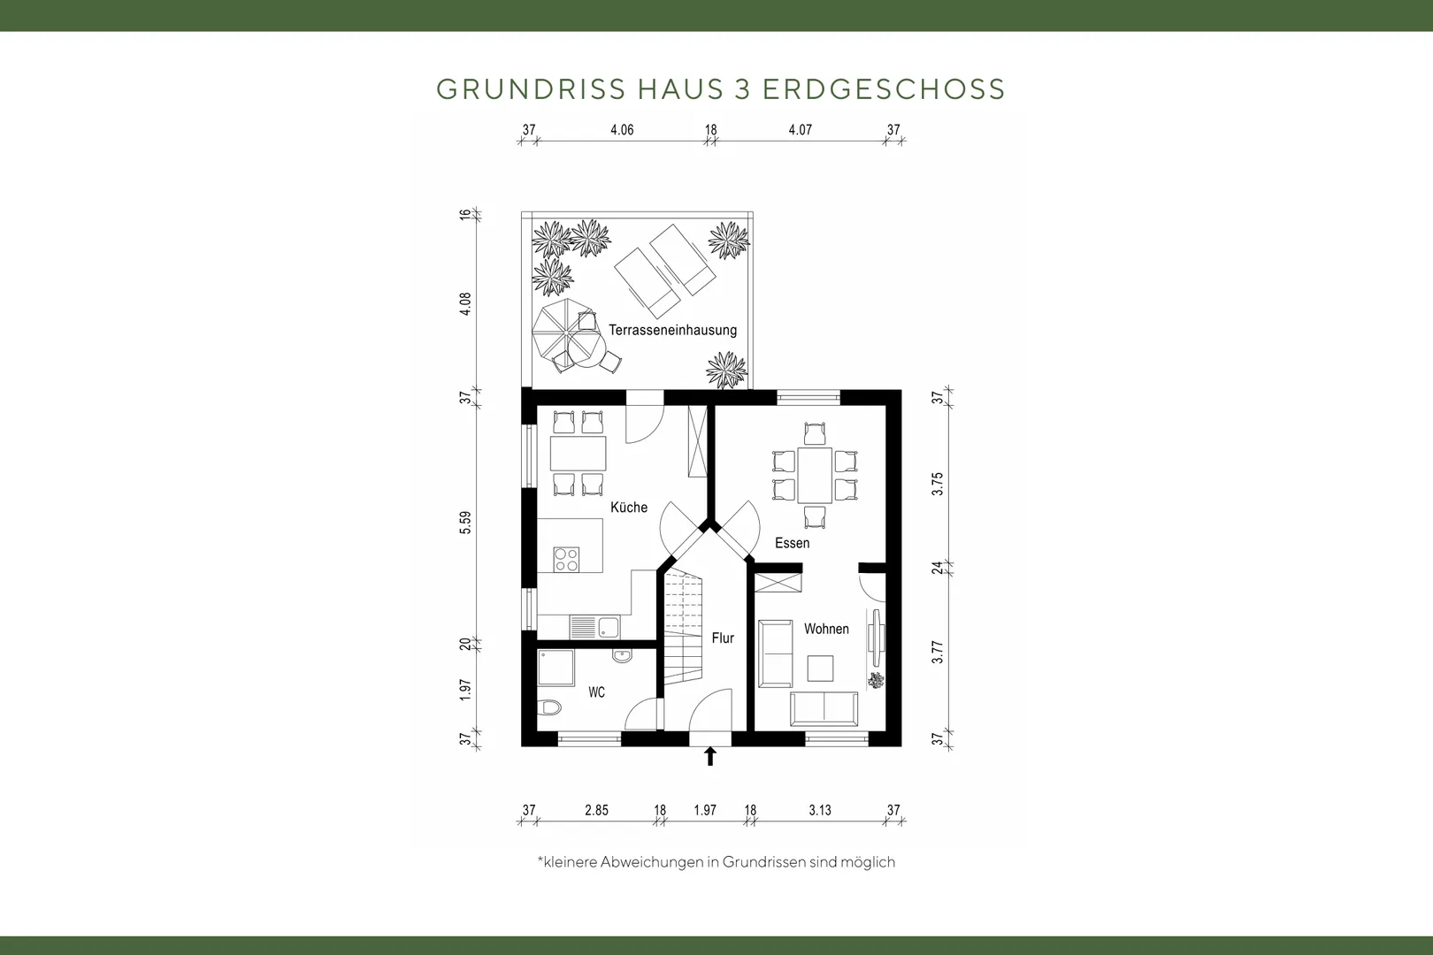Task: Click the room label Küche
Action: [x=628, y=508]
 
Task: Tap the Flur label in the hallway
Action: [x=723, y=638]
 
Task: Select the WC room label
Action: [x=596, y=692]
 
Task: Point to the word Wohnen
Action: [x=826, y=629]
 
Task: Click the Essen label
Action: [x=792, y=543]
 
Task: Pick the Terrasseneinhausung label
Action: [x=672, y=330]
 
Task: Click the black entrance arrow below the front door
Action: [x=709, y=756]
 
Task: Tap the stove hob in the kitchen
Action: [x=566, y=559]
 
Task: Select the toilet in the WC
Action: [x=549, y=707]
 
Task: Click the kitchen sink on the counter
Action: [x=594, y=627]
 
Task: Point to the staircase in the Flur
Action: [x=683, y=628]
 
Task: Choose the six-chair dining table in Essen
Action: [x=815, y=475]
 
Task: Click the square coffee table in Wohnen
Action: [x=820, y=668]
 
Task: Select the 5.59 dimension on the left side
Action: [x=465, y=523]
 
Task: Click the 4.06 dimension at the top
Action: [x=622, y=130]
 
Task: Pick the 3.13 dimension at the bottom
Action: [x=819, y=811]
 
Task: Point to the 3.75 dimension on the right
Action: [x=938, y=485]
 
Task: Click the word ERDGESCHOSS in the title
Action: [x=885, y=89]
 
